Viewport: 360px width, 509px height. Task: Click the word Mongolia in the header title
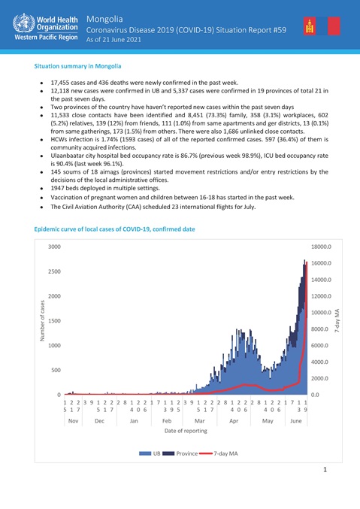tap(104, 16)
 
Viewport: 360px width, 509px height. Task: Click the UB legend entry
tap(152, 453)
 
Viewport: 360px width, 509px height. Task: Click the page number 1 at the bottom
tap(325, 470)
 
